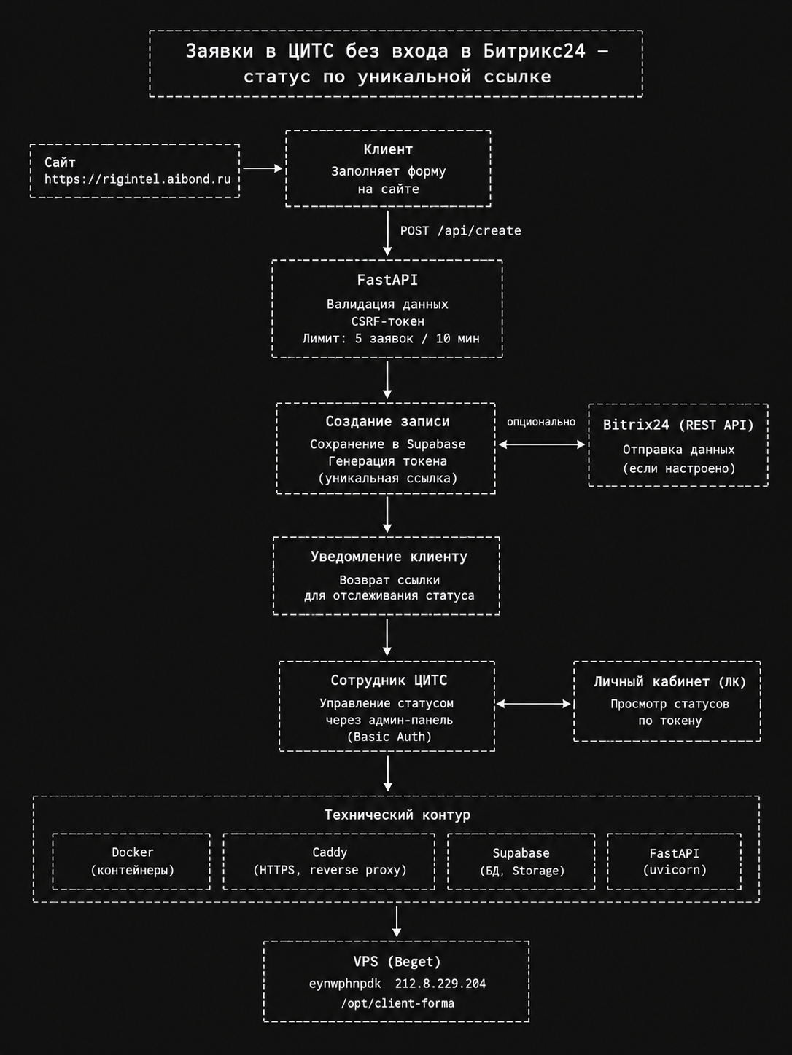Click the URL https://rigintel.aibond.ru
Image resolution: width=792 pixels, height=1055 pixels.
(x=138, y=179)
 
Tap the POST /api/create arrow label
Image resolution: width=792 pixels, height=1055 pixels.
(x=461, y=231)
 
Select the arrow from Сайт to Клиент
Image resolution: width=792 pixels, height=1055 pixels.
(x=263, y=168)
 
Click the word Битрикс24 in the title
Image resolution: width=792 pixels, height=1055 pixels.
(x=535, y=51)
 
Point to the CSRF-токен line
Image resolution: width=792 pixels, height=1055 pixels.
(x=387, y=321)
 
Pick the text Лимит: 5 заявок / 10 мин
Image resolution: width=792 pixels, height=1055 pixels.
(x=390, y=338)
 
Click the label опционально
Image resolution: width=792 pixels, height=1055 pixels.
(x=541, y=422)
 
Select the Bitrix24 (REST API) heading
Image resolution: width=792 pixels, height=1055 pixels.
(x=678, y=425)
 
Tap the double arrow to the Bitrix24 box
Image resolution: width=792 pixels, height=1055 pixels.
(x=541, y=444)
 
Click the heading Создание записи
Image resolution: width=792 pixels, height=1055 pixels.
(x=387, y=422)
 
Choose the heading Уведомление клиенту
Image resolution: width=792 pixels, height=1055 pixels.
(x=389, y=557)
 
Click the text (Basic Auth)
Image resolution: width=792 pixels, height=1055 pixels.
(x=389, y=737)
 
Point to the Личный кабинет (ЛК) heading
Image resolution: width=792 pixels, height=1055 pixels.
(x=669, y=681)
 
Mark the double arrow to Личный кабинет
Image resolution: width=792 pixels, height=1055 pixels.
(x=533, y=704)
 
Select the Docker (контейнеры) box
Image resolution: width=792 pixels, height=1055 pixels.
(x=131, y=861)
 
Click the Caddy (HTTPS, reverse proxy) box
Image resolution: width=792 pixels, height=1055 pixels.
(x=329, y=861)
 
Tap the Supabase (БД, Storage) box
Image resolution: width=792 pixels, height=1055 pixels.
(x=521, y=861)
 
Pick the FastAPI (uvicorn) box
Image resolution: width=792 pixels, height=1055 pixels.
(x=674, y=861)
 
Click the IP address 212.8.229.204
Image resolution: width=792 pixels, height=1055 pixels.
(x=440, y=984)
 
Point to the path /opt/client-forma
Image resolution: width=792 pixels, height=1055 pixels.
(x=397, y=1003)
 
